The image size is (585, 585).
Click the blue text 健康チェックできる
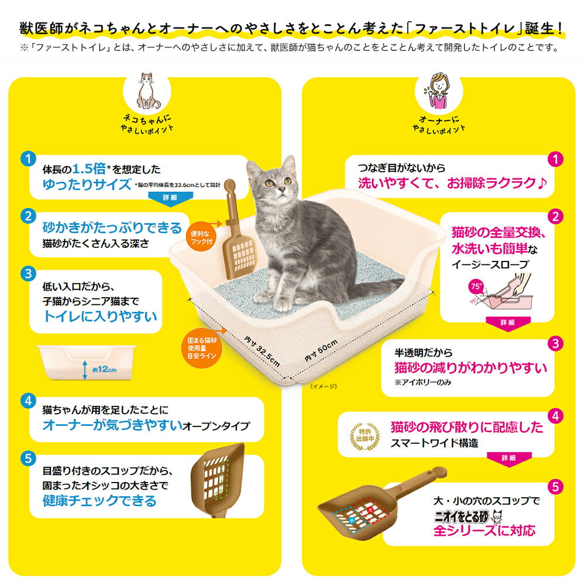click(x=99, y=501)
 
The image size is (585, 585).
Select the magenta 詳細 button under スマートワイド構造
click(x=507, y=458)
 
